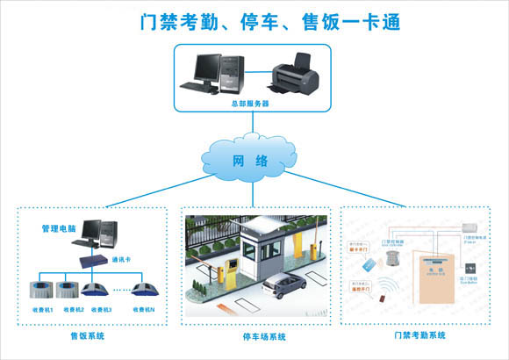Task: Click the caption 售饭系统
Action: (89, 335)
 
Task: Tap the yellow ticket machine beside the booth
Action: (232, 269)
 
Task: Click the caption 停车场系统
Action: (254, 335)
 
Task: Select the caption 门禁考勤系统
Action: (419, 335)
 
